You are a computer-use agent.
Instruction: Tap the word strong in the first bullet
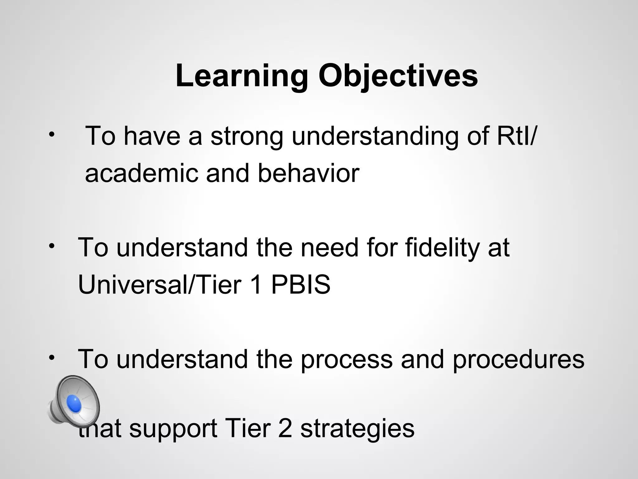pos(247,136)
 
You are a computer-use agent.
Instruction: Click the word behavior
pos(308,173)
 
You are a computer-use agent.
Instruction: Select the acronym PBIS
pos(301,284)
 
